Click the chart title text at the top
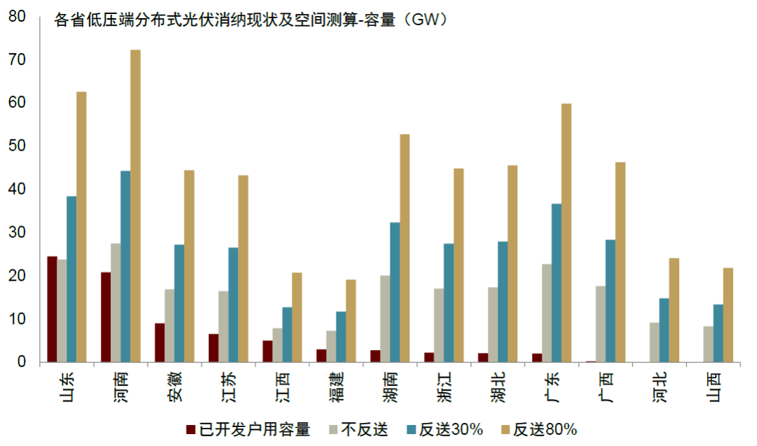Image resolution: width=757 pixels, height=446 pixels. click(x=250, y=20)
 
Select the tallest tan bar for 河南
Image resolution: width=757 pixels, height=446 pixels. click(x=136, y=206)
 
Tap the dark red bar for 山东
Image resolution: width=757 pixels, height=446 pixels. click(x=52, y=309)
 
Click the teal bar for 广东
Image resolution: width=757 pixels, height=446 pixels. click(x=557, y=283)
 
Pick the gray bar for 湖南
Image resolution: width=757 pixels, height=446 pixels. click(x=386, y=319)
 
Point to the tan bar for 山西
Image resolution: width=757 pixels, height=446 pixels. click(x=728, y=315)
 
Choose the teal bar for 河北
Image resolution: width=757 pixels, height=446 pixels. click(x=664, y=330)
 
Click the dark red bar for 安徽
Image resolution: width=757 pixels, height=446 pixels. click(x=160, y=343)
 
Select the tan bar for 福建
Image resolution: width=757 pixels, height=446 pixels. click(x=351, y=321)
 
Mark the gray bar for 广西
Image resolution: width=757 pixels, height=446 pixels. click(x=601, y=324)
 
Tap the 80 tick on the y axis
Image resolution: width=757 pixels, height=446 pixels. click(x=17, y=16)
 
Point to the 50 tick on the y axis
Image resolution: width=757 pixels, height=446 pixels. click(x=17, y=146)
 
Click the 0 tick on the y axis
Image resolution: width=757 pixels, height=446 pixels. click(x=21, y=361)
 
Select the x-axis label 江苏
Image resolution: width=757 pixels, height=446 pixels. click(x=229, y=387)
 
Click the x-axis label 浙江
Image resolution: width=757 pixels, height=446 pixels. click(x=444, y=387)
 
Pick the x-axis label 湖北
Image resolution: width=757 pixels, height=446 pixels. click(x=498, y=387)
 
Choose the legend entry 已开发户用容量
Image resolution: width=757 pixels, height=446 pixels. click(x=249, y=429)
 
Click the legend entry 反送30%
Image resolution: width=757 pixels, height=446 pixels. click(x=445, y=429)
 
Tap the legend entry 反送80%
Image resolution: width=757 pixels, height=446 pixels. click(x=539, y=429)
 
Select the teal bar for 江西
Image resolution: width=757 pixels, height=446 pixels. click(x=287, y=335)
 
